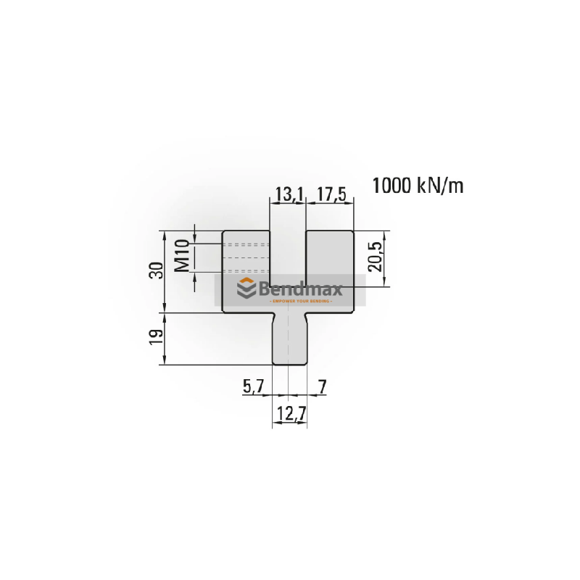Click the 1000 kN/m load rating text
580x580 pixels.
[418, 186]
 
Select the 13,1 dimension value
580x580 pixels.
[287, 194]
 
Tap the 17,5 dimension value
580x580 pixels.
[330, 194]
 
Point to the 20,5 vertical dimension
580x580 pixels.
[375, 257]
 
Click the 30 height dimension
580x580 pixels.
[154, 271]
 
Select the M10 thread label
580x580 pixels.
[183, 255]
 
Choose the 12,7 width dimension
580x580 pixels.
[289, 415]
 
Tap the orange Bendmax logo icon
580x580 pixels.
[247, 289]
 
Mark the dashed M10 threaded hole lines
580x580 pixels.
[245, 255]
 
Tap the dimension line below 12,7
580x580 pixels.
[289, 425]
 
